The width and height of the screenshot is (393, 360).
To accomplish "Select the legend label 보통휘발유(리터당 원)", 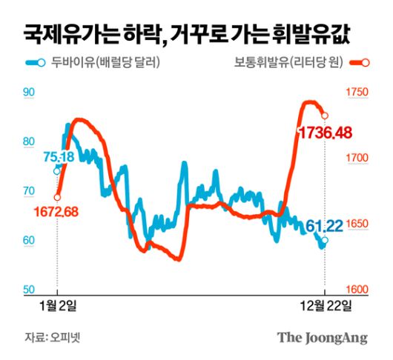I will point(284,64).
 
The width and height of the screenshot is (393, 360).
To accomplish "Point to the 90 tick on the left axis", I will point(30,93).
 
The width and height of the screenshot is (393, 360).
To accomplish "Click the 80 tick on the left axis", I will point(30,141).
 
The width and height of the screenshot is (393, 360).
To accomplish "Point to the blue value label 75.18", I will point(58,157).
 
